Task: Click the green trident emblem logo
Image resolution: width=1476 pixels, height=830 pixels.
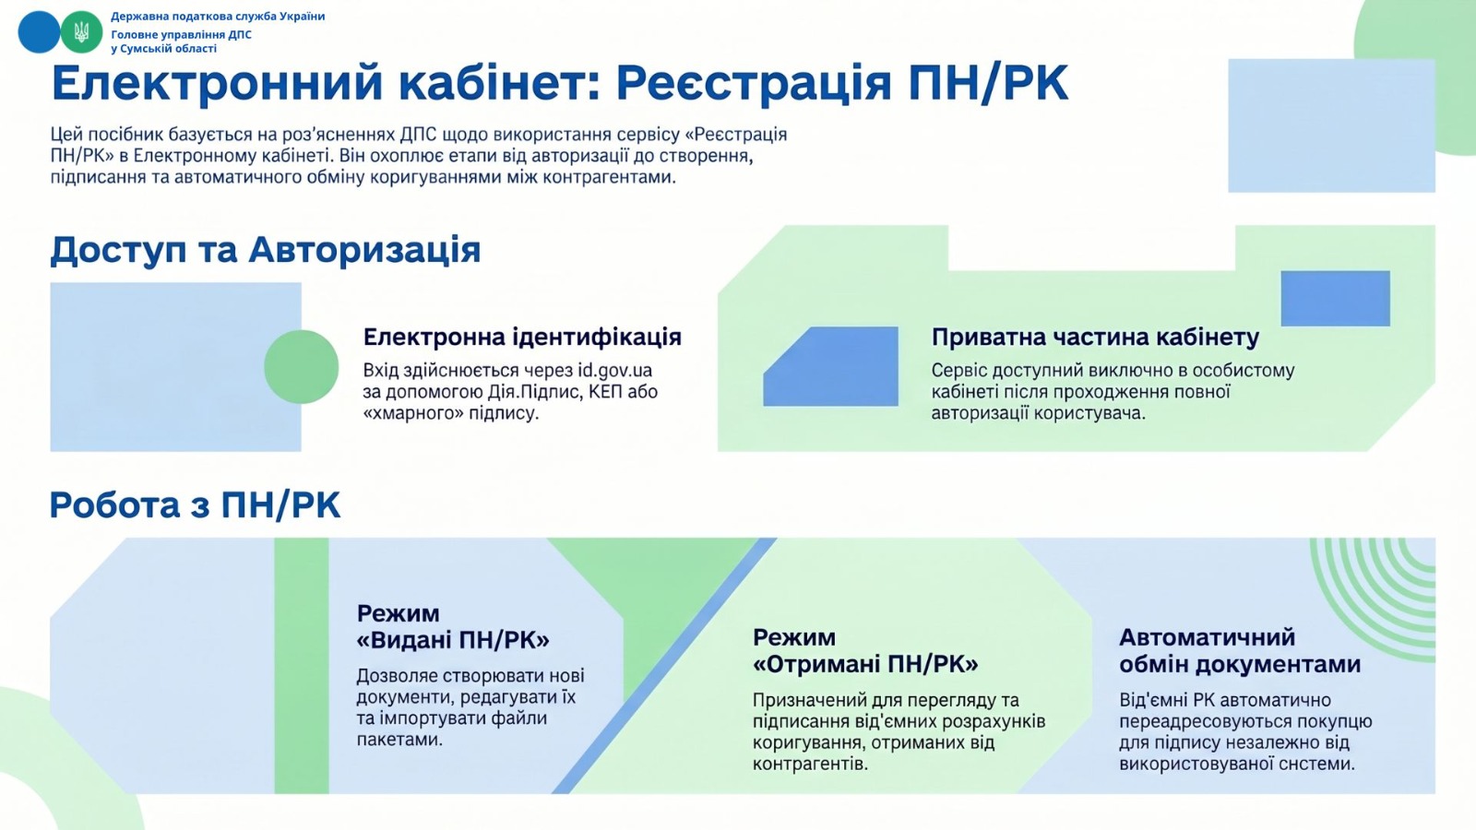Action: coord(82,31)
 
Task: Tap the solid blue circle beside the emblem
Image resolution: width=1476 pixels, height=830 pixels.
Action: coord(39,31)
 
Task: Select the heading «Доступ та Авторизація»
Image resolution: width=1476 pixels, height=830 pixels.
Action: coord(266,251)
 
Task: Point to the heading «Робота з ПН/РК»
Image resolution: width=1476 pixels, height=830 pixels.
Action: coord(195,505)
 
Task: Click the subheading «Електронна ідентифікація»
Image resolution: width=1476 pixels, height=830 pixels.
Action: coord(522,338)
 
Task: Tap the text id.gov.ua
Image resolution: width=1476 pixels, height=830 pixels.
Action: coord(614,370)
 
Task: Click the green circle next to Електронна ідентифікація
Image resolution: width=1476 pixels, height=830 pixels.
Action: coord(301,367)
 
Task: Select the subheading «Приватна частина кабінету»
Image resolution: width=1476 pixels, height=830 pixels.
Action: coord(1095,338)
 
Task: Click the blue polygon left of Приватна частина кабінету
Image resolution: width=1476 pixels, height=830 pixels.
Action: coord(831,366)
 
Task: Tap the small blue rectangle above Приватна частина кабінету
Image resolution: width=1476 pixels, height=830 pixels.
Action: coord(1336,299)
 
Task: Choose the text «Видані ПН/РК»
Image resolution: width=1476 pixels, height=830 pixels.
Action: coord(453,640)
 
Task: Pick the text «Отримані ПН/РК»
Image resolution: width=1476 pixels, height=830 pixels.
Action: coord(865,664)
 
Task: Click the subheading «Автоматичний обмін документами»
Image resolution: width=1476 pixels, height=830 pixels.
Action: coord(1240,651)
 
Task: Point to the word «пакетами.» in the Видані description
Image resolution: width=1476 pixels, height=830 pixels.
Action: coord(399,740)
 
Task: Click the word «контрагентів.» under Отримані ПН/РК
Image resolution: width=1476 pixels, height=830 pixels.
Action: coord(811,765)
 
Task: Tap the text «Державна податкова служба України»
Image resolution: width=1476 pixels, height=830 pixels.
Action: coord(218,17)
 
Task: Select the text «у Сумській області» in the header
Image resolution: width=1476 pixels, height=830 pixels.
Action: coord(163,49)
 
